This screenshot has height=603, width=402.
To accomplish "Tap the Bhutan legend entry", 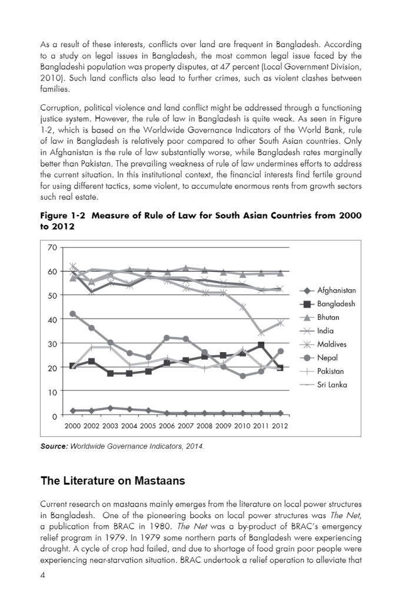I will (x=328, y=317).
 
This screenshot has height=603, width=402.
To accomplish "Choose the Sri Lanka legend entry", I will (x=332, y=385).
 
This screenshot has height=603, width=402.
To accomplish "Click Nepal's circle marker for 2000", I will (x=73, y=314).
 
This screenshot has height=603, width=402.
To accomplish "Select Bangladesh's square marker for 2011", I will (x=261, y=345).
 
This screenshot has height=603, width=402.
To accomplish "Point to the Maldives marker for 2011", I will (x=261, y=333).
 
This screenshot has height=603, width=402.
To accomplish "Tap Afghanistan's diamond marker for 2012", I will (x=280, y=413).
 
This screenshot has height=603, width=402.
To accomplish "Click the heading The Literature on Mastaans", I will (x=113, y=481).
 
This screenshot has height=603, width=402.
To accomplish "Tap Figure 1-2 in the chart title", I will (x=62, y=216).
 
